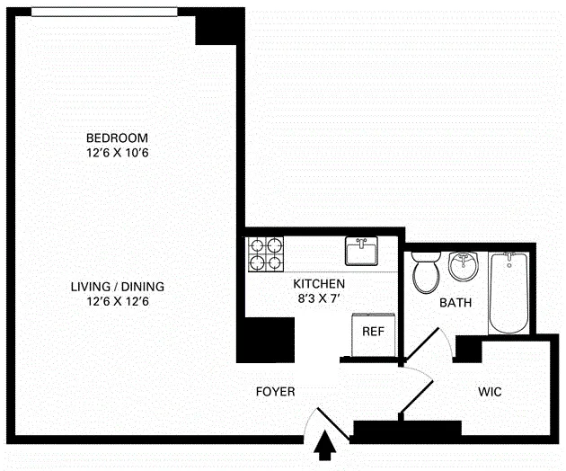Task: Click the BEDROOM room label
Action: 117,138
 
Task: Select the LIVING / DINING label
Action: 117,287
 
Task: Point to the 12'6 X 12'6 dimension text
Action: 117,301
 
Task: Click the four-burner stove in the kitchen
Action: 265,253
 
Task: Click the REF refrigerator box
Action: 372,332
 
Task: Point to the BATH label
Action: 455,303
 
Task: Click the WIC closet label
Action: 490,392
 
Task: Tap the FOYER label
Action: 275,392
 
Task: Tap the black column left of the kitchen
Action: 265,340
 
